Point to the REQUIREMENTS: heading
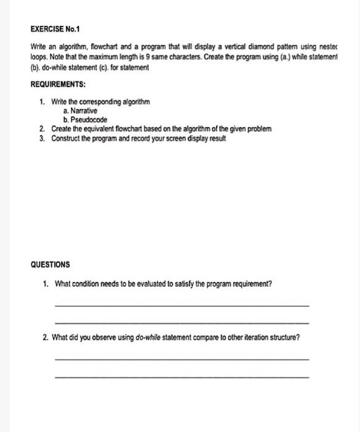(60, 83)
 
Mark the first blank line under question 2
(181, 359)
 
